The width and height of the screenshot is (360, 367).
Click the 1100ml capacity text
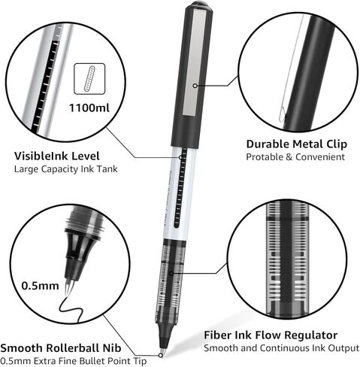point(89,108)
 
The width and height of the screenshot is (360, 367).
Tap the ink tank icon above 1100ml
point(89,79)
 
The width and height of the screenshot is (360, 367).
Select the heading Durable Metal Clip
point(297,144)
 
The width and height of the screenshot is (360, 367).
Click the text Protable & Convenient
point(295,157)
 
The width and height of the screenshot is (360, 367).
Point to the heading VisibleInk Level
point(57,156)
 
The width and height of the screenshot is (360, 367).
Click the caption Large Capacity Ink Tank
point(65,169)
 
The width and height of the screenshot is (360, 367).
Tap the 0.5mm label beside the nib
point(40,286)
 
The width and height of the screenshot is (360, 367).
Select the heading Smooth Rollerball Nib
point(61,348)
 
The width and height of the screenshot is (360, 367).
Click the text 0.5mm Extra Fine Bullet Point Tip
point(73,361)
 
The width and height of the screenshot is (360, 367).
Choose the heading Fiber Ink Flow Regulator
point(271,335)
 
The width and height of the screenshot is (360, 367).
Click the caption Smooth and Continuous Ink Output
point(281,348)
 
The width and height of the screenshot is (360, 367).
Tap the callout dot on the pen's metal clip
point(195,86)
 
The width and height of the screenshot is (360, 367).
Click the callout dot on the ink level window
point(180,157)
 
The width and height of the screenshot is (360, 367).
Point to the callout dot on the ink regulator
point(171,273)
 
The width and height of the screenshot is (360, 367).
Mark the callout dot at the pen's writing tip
point(161,355)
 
